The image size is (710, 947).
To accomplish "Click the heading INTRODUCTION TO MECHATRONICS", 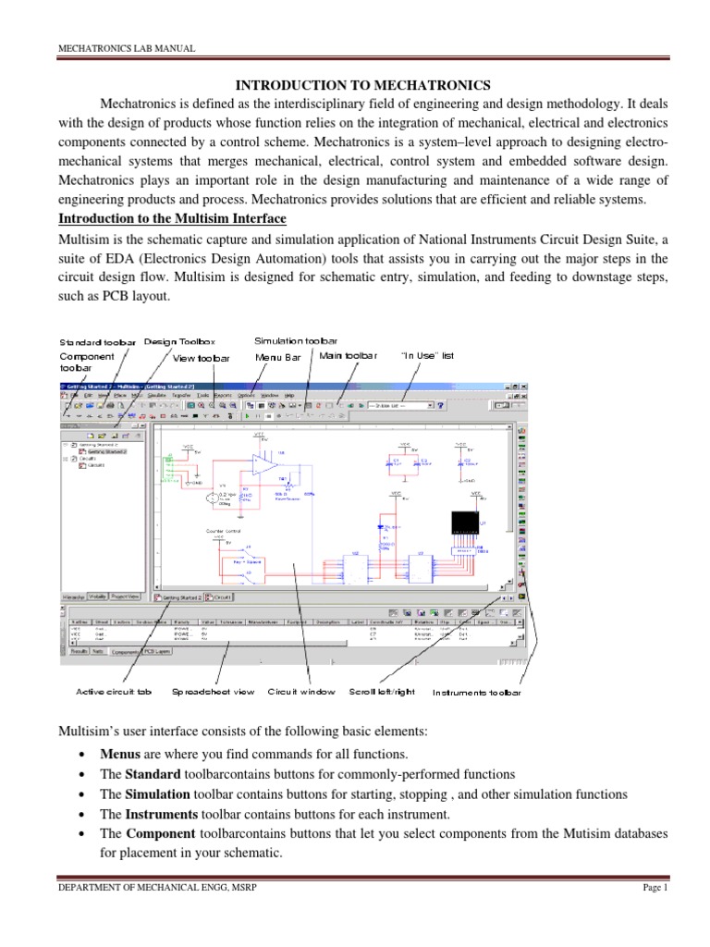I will pos(355,86).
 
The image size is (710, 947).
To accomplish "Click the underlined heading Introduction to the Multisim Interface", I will pos(173,218).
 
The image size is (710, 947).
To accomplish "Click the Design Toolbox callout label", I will pos(179,341).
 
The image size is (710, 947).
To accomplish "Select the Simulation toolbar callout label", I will pos(296,341).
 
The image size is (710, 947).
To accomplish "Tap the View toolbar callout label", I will pos(204,356).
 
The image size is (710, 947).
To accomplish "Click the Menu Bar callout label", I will pos(278,356).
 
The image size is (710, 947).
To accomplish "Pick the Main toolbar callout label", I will pos(349,355).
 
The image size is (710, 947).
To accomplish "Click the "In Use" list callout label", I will pos(428,355).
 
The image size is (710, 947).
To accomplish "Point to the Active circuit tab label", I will pos(114,691).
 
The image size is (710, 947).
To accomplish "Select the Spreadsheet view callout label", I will pos(214,691).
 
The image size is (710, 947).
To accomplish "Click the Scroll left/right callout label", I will pos(382,691).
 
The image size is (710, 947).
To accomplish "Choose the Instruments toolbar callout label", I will pos(476,692).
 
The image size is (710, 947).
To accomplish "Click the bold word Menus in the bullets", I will pos(120,754).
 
